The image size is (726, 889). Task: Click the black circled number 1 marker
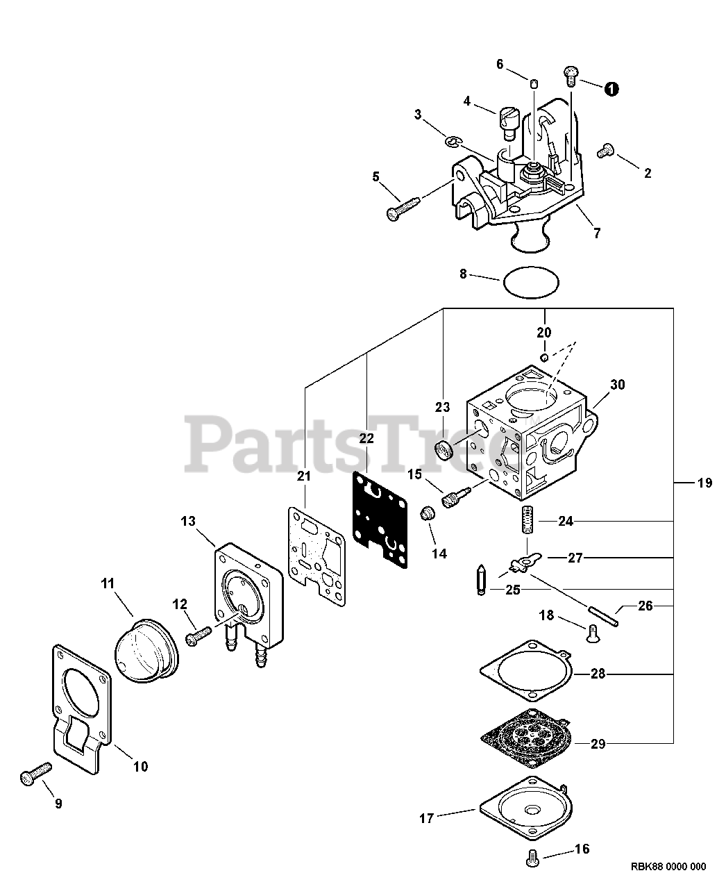click(x=611, y=89)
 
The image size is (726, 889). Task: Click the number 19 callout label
click(x=704, y=483)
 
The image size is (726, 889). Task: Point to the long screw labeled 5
click(x=403, y=208)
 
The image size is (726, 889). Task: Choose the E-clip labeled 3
click(x=453, y=142)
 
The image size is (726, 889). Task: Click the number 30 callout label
click(x=617, y=384)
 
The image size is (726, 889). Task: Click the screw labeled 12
click(x=199, y=635)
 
